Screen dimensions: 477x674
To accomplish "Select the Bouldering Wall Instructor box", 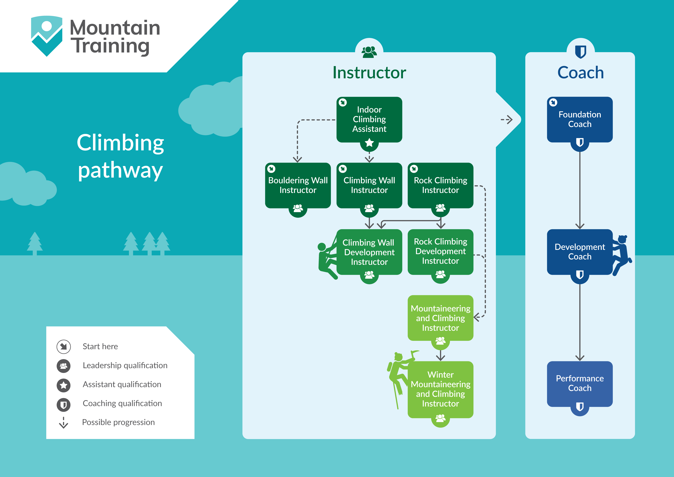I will click(x=298, y=185).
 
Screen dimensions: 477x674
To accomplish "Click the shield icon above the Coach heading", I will click(x=580, y=52).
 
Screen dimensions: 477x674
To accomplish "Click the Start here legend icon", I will click(x=63, y=347).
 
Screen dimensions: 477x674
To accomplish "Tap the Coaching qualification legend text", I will click(x=122, y=403).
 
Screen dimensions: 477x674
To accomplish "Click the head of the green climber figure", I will click(x=322, y=247).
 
